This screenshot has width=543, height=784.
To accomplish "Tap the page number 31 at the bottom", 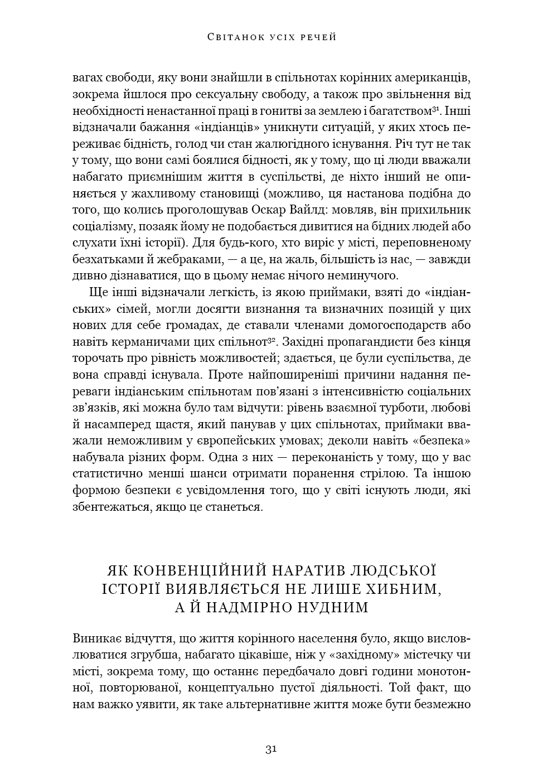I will tap(271, 749).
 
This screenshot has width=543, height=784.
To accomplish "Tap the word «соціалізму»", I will tap(104, 226).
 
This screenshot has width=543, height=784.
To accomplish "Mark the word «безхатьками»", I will tap(108, 259).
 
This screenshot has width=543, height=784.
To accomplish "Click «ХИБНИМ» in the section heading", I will tap(410, 589).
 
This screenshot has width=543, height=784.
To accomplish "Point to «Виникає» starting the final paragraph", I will tap(94, 638).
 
